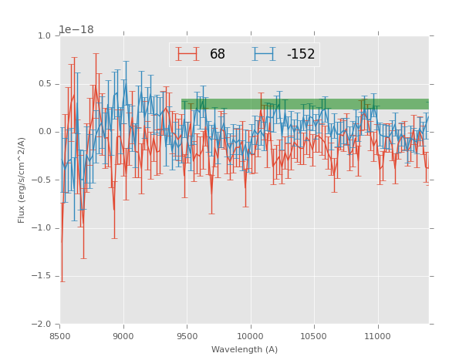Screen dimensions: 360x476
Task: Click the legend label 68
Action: [x=218, y=55]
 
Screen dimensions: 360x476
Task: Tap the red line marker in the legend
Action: [x=187, y=55]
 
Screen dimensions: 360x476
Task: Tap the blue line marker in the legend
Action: [x=265, y=55]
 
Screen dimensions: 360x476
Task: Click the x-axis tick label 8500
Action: [x=60, y=335]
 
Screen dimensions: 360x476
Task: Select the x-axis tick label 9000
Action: [x=123, y=335]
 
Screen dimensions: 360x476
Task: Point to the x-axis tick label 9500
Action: [x=187, y=335]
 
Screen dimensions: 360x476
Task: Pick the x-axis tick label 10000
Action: [x=250, y=335]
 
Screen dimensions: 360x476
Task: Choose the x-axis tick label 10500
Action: [x=314, y=335]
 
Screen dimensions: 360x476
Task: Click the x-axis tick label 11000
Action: [x=377, y=335]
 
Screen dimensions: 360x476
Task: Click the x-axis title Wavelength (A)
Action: [x=245, y=349]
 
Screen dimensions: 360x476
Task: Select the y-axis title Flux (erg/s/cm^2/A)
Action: [x=22, y=180]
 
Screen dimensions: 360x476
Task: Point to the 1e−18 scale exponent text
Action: [x=76, y=30]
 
